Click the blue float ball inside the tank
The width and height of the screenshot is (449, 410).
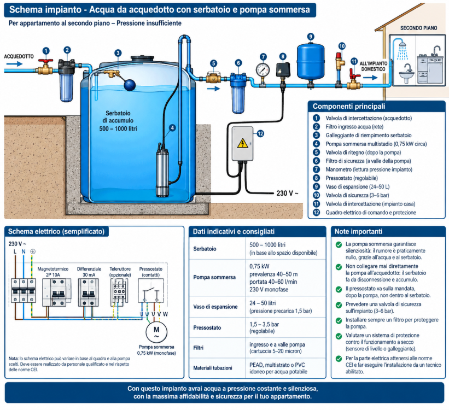pos(130,85)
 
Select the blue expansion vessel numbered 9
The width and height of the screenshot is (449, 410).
pos(311,61)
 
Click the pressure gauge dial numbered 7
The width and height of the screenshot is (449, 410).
pos(263,69)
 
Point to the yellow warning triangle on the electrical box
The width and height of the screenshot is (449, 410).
pos(242,143)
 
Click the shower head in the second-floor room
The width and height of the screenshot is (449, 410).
pos(403,45)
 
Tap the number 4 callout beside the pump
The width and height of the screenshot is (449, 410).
pos(172,128)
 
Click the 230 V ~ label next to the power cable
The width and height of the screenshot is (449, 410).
pos(287,194)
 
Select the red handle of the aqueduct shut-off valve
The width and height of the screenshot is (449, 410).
pos(46,61)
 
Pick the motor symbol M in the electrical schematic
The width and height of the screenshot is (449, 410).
pos(156,331)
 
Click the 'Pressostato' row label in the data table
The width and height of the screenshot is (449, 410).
pos(207,327)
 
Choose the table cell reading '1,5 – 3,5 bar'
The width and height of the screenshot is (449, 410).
pos(264,324)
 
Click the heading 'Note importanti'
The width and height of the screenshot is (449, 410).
pos(358,231)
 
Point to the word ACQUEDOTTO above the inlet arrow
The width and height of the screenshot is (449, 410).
pos(19,56)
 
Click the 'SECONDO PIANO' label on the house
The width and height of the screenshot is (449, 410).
pos(418,28)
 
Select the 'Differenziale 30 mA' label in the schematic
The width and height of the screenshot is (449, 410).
pos(89,272)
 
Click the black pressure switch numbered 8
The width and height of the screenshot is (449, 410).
pos(283,70)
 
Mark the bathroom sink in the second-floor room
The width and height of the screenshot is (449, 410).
pos(407,75)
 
